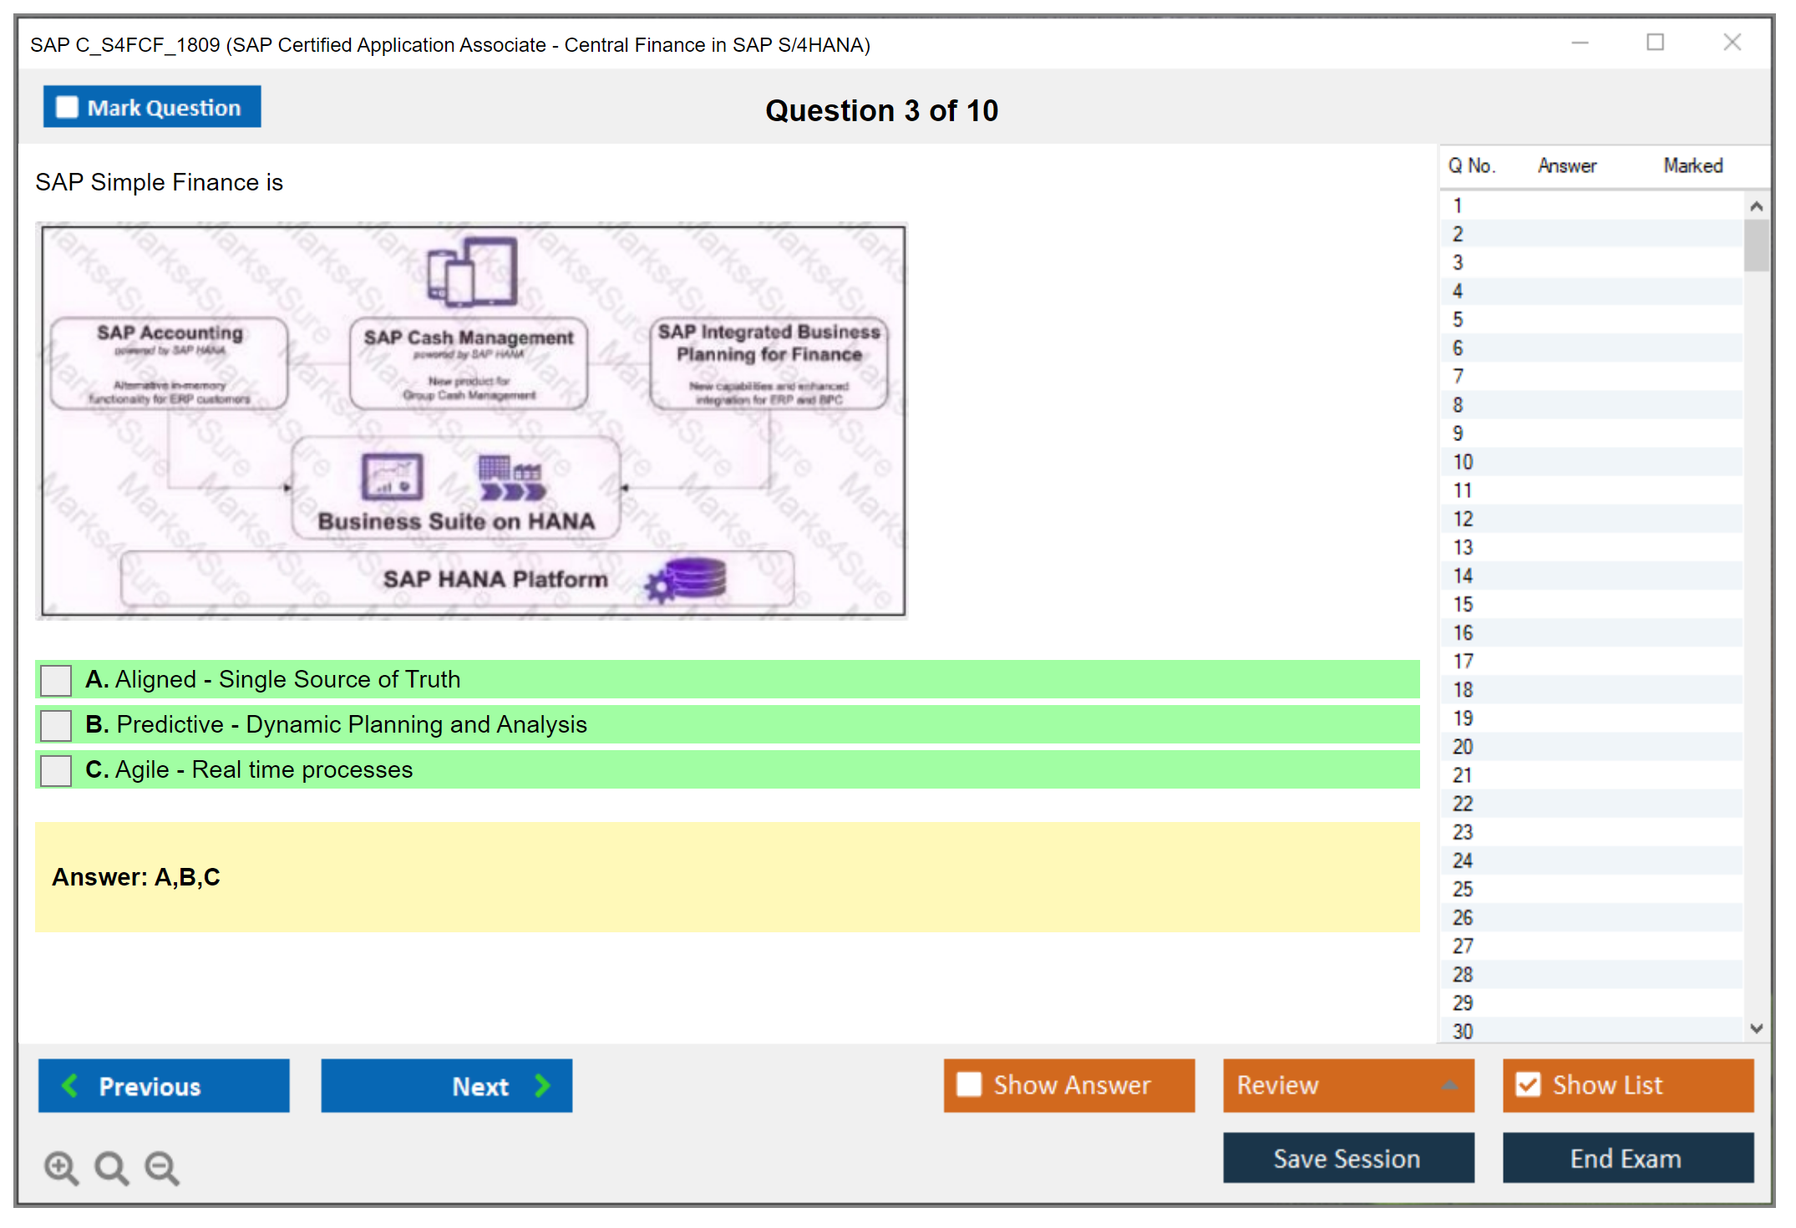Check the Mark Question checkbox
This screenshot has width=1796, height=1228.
click(67, 108)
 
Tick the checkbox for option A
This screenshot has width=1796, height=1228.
click(56, 680)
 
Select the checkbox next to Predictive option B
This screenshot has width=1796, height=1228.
click(56, 725)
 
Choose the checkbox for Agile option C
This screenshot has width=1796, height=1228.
click(56, 770)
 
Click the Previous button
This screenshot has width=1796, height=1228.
click(164, 1086)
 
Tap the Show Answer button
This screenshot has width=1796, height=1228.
click(1068, 1085)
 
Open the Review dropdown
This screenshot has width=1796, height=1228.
click(1347, 1085)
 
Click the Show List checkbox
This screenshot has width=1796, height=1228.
click(1529, 1085)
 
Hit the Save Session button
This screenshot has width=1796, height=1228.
click(1347, 1159)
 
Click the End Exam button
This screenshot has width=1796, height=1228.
click(1627, 1159)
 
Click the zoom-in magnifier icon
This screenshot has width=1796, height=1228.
click(61, 1168)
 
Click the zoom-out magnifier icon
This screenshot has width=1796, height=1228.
click(162, 1168)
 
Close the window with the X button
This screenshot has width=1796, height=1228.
click(1732, 43)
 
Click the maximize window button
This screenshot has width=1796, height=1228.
click(1655, 43)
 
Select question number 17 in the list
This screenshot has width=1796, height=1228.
click(1463, 662)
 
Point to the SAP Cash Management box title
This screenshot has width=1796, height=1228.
click(469, 337)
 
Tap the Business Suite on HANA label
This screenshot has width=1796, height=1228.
click(456, 521)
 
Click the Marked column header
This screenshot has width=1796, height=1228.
click(1692, 166)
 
